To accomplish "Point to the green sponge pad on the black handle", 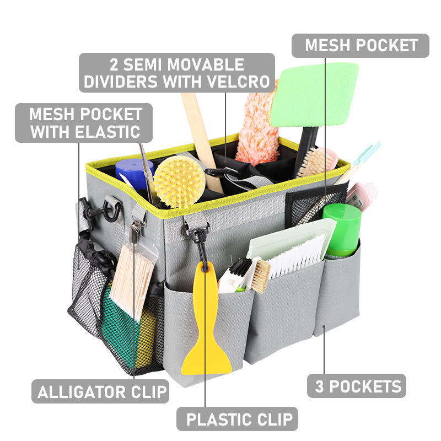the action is pos(314,95).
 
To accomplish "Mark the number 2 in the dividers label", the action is pos(115,64).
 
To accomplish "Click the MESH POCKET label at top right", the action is pos(361,45).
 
